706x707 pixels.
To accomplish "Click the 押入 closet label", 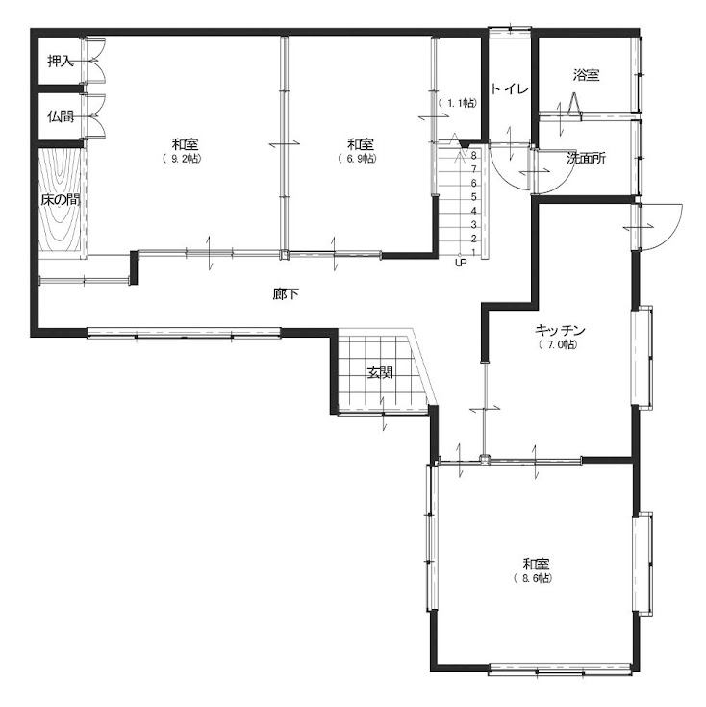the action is point(61,61).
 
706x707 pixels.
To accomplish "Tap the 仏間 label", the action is point(61,116).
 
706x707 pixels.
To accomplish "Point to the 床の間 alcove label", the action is point(61,200).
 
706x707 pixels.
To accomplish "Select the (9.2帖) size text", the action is point(182,159).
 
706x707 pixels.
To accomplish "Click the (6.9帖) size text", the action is point(358,159).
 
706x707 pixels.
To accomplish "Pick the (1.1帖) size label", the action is point(457,103).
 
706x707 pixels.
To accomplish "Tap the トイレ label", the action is point(509,88).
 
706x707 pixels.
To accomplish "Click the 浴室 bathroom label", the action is point(586,74).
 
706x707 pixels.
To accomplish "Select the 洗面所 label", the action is point(586,159).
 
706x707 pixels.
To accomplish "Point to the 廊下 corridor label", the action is point(286,294).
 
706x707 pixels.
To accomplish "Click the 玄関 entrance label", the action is point(380,372).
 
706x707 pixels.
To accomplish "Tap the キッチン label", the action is point(560,331).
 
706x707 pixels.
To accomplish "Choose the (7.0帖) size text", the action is point(558,345).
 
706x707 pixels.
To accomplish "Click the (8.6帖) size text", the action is point(533,578).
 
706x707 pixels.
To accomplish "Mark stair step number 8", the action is point(473,156).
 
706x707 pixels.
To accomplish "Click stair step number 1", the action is point(473,252).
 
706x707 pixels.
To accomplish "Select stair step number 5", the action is point(473,196).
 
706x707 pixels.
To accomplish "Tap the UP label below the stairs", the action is point(461,263).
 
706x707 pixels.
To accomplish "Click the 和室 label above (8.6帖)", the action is point(536,564).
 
